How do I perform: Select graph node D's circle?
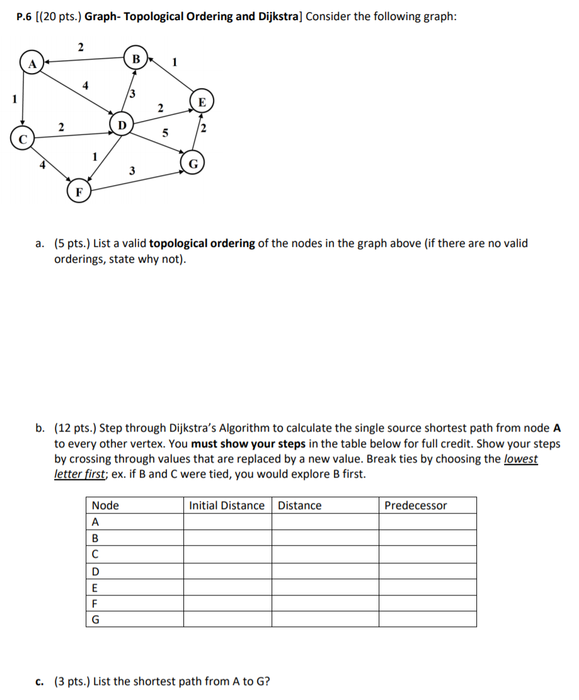121,122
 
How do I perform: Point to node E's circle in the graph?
202,101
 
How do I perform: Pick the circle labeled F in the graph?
79,191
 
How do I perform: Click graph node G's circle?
193,163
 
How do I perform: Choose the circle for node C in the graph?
22,139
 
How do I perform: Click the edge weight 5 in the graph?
166,133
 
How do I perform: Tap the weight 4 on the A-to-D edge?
86,85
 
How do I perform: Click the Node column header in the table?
105,505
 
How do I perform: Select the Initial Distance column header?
227,505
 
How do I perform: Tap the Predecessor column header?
416,505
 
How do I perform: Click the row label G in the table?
96,619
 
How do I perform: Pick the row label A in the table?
96,522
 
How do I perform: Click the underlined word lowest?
521,459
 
